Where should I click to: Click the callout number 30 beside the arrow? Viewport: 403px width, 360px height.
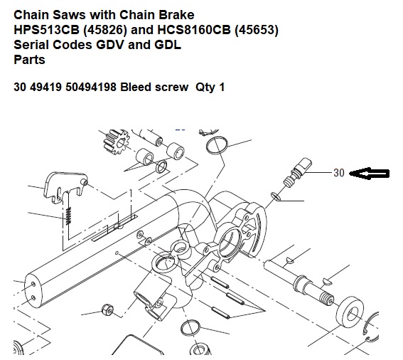coord(339,173)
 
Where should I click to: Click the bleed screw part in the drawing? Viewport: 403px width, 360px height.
coord(298,171)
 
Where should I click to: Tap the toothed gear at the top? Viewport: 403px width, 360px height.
coord(116,142)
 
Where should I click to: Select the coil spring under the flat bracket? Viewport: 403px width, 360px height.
coord(68,216)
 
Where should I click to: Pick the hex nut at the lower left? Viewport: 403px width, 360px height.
coord(107,309)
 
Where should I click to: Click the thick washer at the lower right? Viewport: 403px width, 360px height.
coord(350,312)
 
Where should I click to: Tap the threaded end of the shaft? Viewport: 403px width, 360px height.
coord(326,299)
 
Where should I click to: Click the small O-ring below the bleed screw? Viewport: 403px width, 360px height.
coord(276,196)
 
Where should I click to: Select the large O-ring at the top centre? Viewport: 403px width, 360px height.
coord(217,145)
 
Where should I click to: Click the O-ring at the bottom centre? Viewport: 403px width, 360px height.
coord(190,328)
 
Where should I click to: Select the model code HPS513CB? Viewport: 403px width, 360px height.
coord(46,30)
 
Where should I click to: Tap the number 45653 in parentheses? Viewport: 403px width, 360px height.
coord(257,30)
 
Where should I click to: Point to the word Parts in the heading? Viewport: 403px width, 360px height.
coord(29,60)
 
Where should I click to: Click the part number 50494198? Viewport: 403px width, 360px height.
coord(91,87)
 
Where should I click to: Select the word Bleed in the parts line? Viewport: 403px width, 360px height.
coord(135,87)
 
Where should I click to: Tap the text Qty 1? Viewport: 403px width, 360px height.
coord(210,88)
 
